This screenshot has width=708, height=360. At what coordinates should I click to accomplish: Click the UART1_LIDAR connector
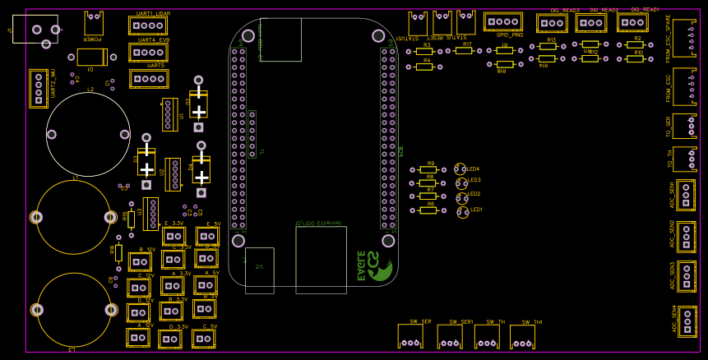[148, 26]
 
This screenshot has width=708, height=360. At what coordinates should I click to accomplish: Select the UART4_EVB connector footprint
[148, 53]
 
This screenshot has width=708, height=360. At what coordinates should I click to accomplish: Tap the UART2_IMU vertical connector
[38, 88]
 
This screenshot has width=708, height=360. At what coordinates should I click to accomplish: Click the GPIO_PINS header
[502, 22]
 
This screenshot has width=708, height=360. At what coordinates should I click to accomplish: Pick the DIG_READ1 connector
[632, 22]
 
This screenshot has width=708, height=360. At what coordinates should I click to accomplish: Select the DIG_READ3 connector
[551, 23]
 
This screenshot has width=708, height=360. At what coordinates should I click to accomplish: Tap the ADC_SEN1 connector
[686, 196]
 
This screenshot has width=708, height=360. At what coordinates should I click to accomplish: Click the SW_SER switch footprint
[410, 335]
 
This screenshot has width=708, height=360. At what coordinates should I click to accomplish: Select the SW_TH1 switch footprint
[522, 335]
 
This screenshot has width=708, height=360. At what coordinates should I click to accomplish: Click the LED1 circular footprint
[463, 212]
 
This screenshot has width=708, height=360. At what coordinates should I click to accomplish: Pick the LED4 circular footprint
[460, 168]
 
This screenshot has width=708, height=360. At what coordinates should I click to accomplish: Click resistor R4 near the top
[423, 67]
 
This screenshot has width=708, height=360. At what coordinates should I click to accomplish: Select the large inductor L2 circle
[88, 134]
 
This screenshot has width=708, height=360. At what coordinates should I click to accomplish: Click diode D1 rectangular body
[92, 57]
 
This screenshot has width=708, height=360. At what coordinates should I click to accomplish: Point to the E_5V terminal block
[207, 236]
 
